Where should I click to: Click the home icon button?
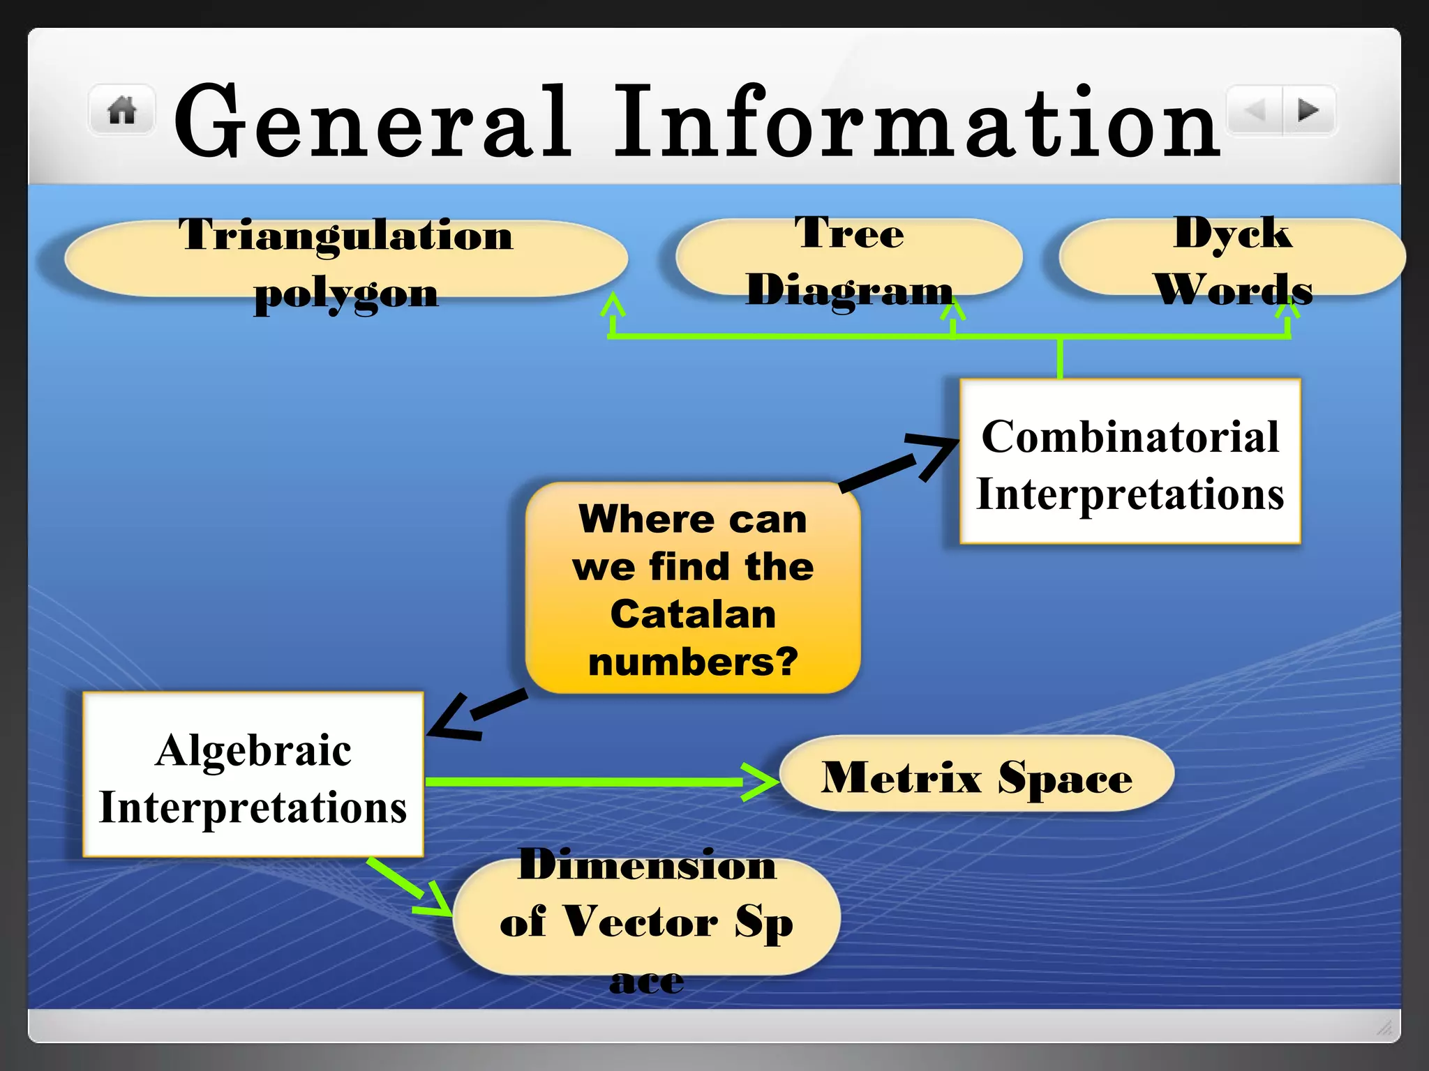coord(122,110)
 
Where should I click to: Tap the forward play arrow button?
coord(1308,110)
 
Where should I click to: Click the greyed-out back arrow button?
coord(1255,110)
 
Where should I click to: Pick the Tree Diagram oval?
coord(848,258)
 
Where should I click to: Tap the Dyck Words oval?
coord(1232,258)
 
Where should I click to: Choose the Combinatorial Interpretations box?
coord(1130,462)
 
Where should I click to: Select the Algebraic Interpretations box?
coord(253,775)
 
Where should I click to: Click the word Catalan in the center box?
coord(693,615)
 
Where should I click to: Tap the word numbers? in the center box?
coord(693,662)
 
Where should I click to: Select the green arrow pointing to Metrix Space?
coord(600,782)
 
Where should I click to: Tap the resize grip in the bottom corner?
coord(1384,1027)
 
